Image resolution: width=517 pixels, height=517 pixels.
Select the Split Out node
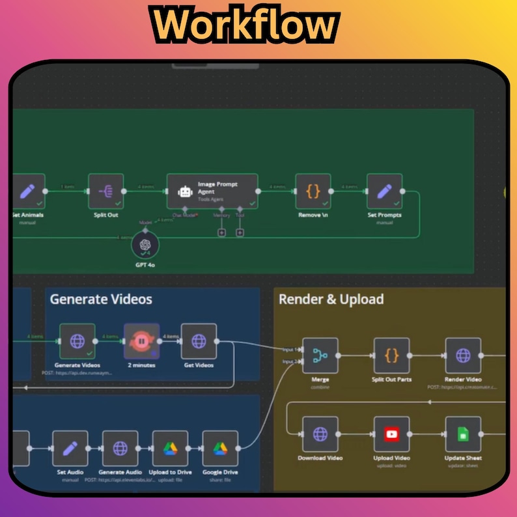[105, 191]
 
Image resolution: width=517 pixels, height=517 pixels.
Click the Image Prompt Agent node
[212, 191]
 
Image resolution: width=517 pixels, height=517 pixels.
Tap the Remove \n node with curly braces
[313, 191]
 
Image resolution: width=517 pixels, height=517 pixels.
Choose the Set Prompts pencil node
[384, 191]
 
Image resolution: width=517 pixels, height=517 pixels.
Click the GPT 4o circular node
[145, 246]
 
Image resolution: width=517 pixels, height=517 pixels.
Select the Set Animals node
[27, 191]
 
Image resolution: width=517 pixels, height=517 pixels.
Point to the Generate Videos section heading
[101, 300]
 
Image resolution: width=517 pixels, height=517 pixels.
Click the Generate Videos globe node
[77, 341]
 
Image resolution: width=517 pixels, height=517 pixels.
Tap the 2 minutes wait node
[141, 341]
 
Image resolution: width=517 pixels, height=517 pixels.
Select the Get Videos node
[199, 341]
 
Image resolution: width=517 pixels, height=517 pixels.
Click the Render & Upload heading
[331, 300]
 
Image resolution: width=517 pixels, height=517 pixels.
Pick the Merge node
[320, 356]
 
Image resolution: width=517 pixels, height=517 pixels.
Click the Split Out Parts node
[391, 356]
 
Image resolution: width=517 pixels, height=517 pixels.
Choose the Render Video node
[463, 356]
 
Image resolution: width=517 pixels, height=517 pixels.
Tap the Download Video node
[320, 434]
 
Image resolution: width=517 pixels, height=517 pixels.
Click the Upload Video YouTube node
[391, 434]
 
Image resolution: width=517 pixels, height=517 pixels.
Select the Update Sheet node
[463, 434]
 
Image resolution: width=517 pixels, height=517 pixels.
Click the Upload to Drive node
[170, 449]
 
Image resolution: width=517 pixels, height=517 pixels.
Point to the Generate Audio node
[120, 449]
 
